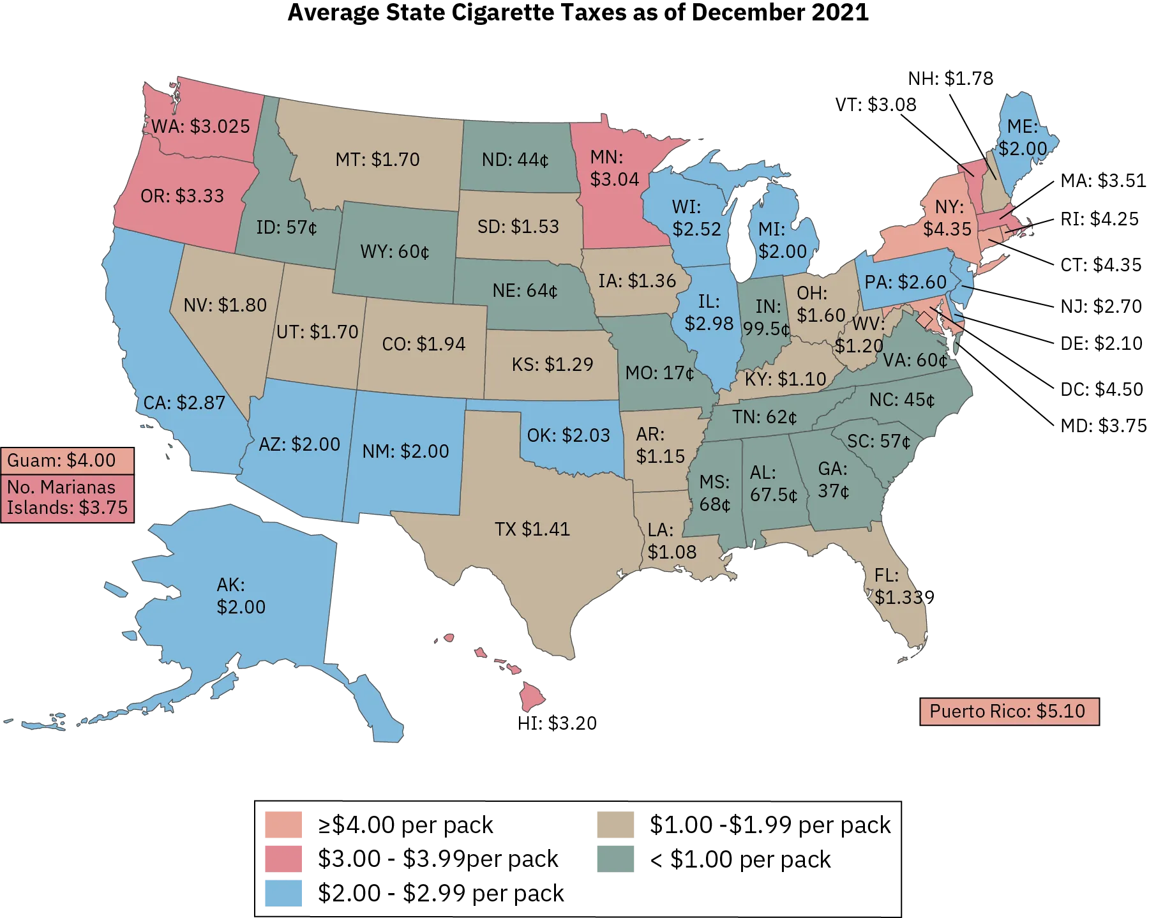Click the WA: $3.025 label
[200, 126]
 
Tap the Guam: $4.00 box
[68, 460]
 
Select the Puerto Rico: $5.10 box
[1009, 711]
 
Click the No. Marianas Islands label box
[68, 498]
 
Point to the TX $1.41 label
[532, 529]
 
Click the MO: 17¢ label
[659, 373]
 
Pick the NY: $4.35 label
[948, 218]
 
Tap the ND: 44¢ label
[515, 160]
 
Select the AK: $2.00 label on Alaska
[241, 596]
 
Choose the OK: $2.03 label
[568, 435]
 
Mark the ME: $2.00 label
[1023, 137]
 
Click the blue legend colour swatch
[283, 892]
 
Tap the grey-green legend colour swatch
[615, 859]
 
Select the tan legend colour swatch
[615, 825]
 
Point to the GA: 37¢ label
[833, 480]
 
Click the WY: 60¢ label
[394, 252]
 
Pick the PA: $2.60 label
[905, 282]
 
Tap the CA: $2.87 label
[184, 403]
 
